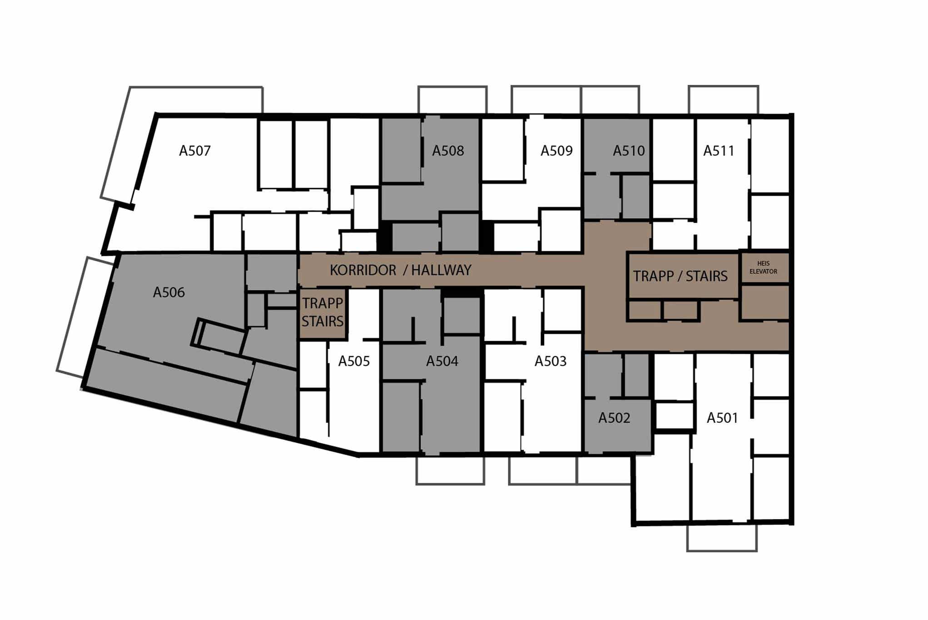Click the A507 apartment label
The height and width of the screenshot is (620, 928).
pos(195,151)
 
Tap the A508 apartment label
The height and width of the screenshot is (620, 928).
pos(448,151)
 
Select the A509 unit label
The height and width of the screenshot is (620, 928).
pos(556,151)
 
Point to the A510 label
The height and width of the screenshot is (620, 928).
pos(629,151)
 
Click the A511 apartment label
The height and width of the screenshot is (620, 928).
pos(719,151)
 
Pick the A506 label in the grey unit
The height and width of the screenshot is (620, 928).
pos(169,293)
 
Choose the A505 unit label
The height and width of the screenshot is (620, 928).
pos(354,362)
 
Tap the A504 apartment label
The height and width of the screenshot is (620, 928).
pos(442,362)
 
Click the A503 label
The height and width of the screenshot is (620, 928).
pos(551,362)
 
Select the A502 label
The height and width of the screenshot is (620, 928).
pos(614,418)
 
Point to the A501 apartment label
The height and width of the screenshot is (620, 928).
pos(722,418)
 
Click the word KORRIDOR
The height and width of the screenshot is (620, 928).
pos(363,270)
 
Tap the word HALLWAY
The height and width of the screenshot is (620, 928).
pos(441,270)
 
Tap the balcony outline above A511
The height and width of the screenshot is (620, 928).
pos(724,86)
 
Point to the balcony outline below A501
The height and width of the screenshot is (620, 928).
pos(722,551)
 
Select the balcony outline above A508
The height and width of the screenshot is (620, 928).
pos(452,86)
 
